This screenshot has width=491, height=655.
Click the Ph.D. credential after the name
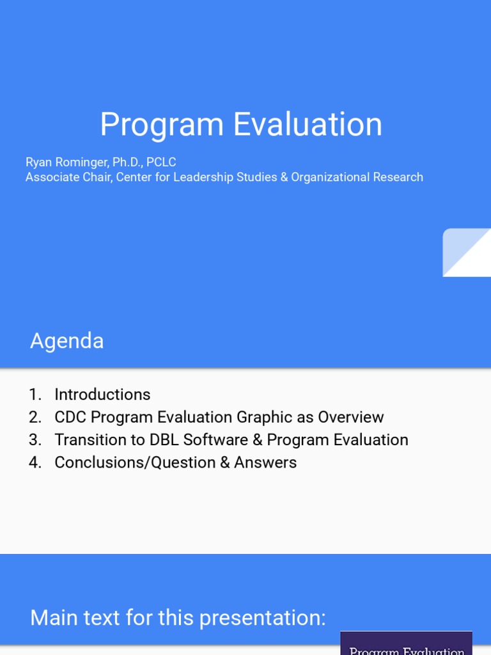pos(128,162)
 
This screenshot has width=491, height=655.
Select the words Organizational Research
pos(357,177)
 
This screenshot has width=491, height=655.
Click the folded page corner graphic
pos(467,253)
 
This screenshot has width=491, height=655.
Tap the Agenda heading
pos(66,341)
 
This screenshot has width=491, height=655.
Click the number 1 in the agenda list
pos(34,395)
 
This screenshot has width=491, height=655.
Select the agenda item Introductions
pos(102,395)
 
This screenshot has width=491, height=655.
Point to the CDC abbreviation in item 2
pos(70,418)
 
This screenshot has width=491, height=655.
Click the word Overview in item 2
pos(351,418)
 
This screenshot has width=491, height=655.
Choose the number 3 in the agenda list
pos(35,440)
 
